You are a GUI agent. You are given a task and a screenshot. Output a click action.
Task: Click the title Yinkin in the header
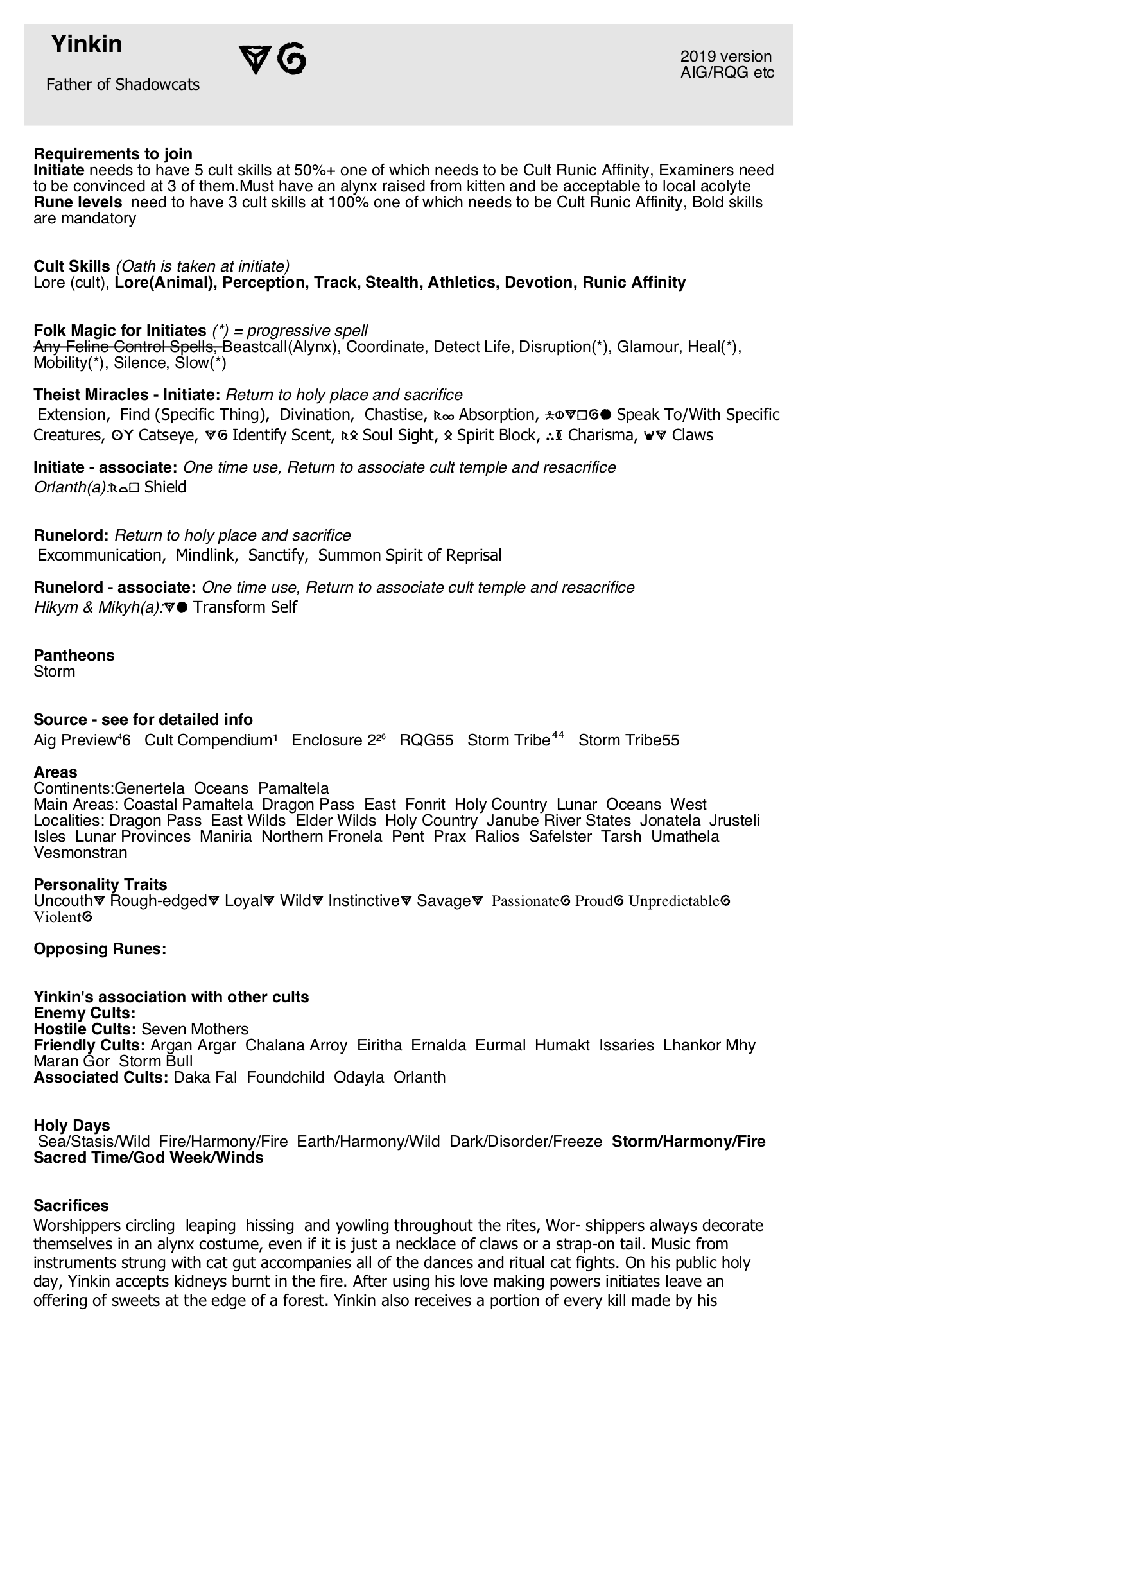coord(86,44)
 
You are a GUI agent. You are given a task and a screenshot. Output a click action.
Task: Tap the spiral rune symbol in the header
coord(291,58)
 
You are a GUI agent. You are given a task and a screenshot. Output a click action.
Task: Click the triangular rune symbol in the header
coord(254,60)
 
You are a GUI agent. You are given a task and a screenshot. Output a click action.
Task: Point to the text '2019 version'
coord(725,57)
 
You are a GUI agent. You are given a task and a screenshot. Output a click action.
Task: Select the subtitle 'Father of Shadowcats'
coord(123,85)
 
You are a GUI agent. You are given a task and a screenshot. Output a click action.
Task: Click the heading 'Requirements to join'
coord(113,153)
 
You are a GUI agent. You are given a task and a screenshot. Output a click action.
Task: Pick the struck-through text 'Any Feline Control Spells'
coord(126,346)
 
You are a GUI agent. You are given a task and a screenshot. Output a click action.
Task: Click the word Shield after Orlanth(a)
coord(165,487)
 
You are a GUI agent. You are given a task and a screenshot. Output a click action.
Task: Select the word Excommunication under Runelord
coord(100,555)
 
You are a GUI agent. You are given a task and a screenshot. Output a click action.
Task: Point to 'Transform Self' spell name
coord(245,607)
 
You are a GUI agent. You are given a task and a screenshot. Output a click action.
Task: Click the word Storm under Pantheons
coord(54,672)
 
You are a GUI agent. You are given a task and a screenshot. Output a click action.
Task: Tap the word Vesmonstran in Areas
coord(80,853)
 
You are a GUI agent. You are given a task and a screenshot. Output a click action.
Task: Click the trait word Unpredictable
coord(673,901)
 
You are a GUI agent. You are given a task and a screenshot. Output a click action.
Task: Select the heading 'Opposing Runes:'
coord(100,948)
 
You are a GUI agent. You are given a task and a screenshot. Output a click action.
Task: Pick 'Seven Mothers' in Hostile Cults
coord(195,1029)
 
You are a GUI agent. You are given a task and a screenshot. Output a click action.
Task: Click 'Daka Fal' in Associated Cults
coord(205,1077)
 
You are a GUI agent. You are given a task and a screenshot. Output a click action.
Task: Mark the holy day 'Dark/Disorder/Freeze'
coord(526,1142)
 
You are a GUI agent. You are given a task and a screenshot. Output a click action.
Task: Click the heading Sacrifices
coord(71,1205)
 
